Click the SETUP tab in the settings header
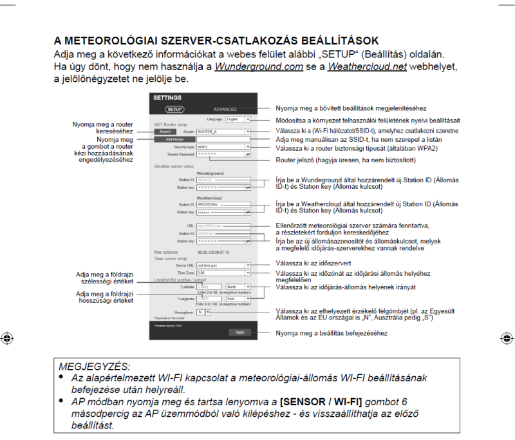click(x=175, y=110)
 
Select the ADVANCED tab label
click(x=225, y=110)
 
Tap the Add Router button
click(x=174, y=139)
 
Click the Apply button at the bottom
click(x=239, y=332)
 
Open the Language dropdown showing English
click(x=238, y=119)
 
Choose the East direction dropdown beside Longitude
click(x=238, y=299)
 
